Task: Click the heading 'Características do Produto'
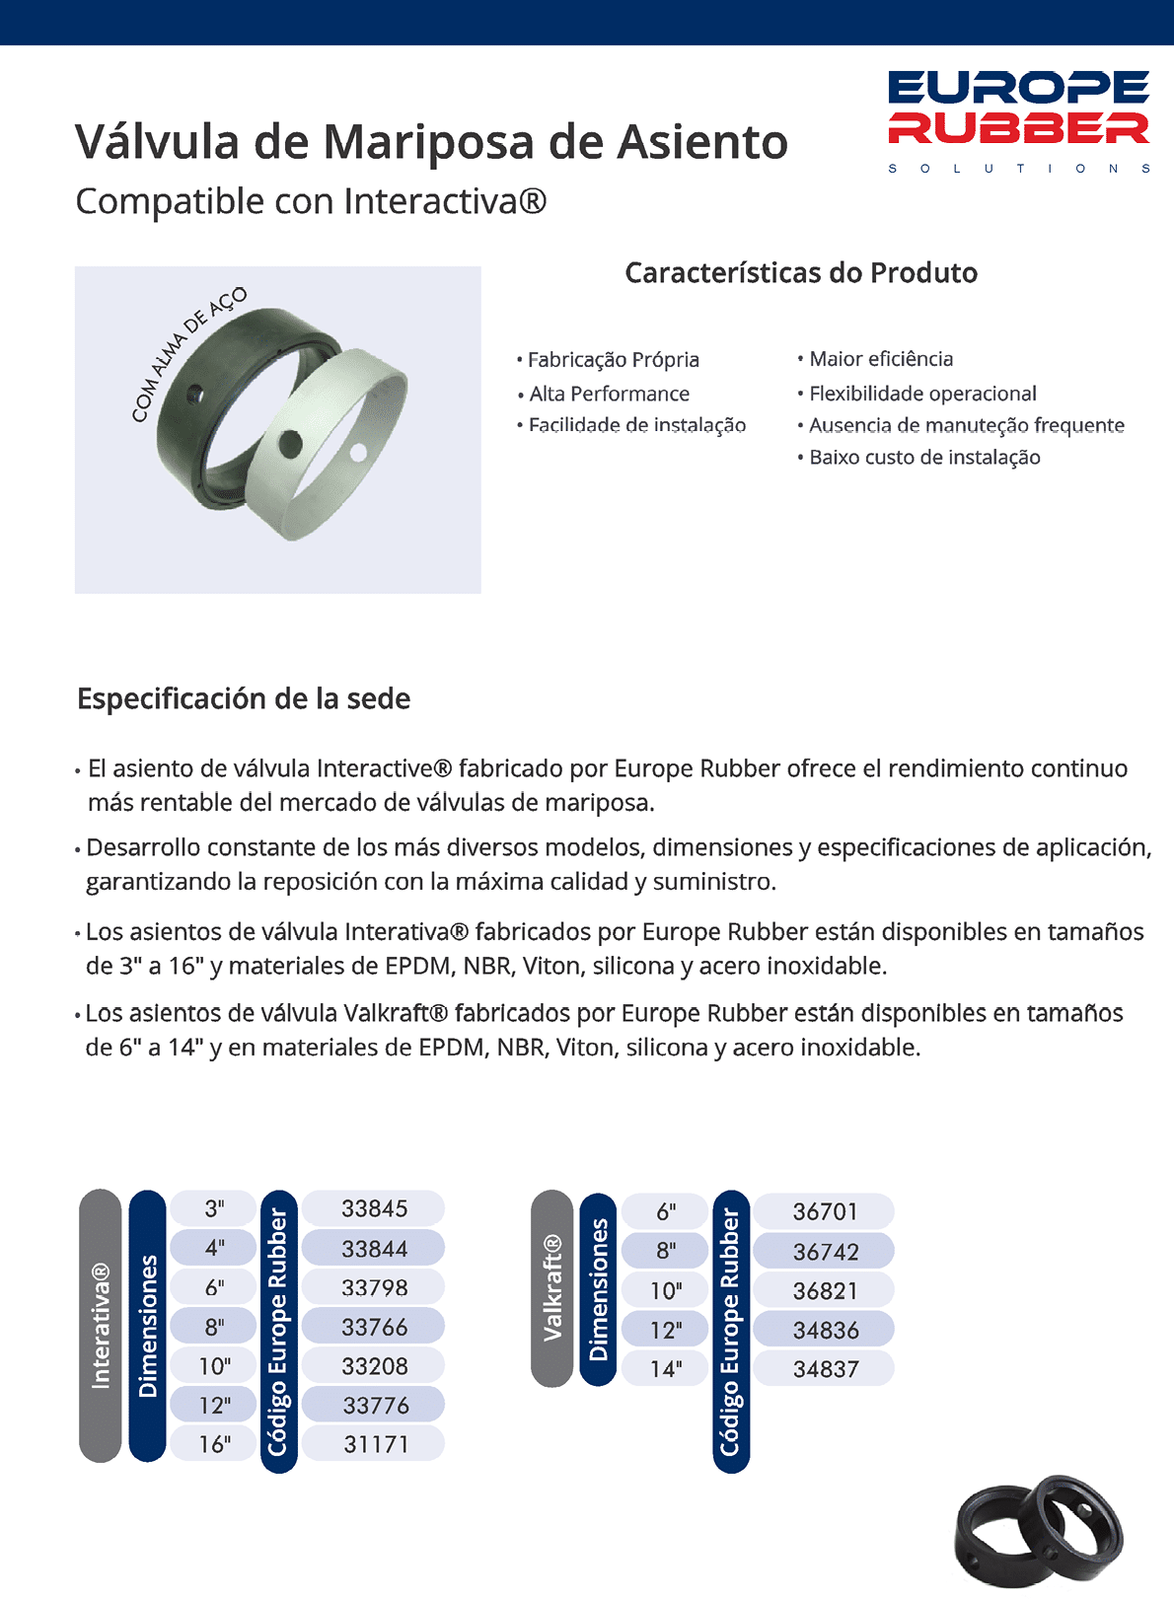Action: pos(801,273)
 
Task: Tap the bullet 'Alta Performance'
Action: pos(609,394)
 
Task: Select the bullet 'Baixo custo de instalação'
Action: pos(924,457)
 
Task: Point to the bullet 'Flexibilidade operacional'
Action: pos(922,394)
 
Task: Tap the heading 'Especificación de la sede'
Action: pos(244,698)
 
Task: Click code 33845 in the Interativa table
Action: pos(374,1208)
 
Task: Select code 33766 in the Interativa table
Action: pos(374,1327)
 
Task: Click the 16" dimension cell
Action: pos(214,1444)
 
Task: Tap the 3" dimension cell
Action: pos(214,1208)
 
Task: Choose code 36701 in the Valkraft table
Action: pos(826,1211)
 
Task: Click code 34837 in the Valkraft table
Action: pos(826,1369)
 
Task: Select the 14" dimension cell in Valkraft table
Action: pos(666,1369)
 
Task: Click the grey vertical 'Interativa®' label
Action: pos(100,1326)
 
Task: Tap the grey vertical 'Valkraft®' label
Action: pos(551,1287)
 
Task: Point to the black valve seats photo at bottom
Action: pos(1038,1532)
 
